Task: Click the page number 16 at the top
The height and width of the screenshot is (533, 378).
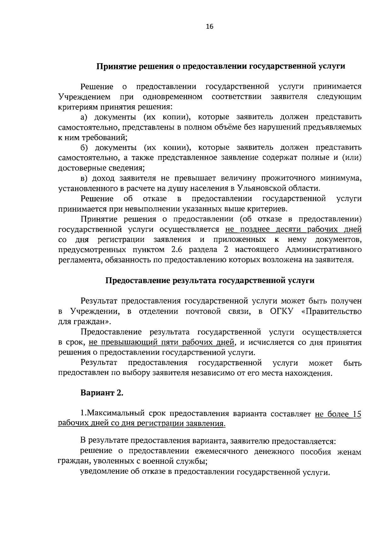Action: (209, 27)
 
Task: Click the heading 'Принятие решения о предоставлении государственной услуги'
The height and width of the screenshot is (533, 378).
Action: (220, 67)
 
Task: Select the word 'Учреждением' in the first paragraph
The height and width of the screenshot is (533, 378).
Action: (84, 96)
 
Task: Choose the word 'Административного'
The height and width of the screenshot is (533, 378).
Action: (323, 250)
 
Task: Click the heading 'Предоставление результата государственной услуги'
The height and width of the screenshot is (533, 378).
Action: (209, 281)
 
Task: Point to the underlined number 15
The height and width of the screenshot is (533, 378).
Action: (356, 414)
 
